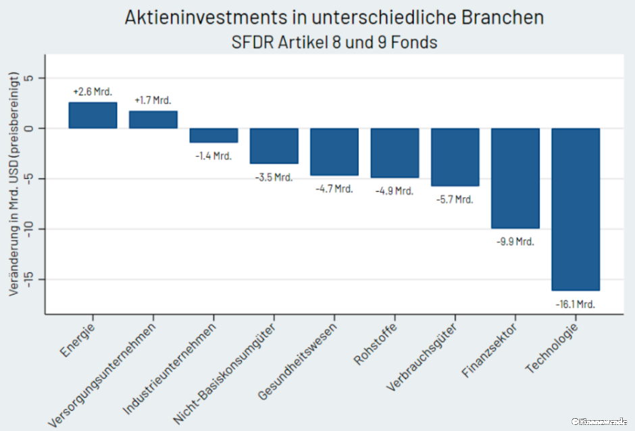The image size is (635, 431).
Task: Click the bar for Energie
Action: pyautogui.click(x=93, y=116)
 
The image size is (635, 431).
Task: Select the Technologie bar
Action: pyautogui.click(x=576, y=209)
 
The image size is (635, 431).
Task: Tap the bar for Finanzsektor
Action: pyautogui.click(x=515, y=178)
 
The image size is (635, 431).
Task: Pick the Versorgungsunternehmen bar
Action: pyautogui.click(x=153, y=120)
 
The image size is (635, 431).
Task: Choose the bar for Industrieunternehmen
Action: pyautogui.click(x=213, y=135)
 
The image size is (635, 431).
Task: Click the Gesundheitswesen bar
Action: pyautogui.click(x=334, y=152)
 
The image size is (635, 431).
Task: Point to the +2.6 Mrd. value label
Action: pyautogui.click(x=93, y=92)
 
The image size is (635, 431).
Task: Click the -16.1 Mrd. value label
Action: pyautogui.click(x=576, y=305)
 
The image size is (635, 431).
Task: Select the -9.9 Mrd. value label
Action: pyautogui.click(x=515, y=242)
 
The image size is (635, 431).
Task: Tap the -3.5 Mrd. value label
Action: pyautogui.click(x=274, y=178)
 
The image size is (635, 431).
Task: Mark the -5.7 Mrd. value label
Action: pyautogui.click(x=455, y=199)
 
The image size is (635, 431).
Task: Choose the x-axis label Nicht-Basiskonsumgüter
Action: pyautogui.click(x=226, y=371)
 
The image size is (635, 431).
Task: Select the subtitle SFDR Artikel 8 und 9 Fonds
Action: pyautogui.click(x=334, y=42)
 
